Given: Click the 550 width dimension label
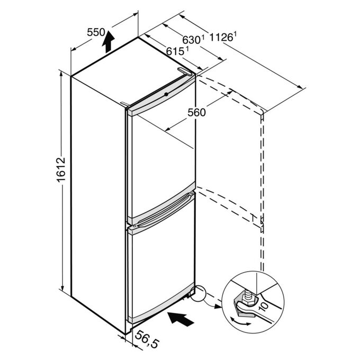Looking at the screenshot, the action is point(96,32).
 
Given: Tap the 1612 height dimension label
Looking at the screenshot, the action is point(61,170).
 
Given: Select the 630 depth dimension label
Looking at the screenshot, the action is point(191,40).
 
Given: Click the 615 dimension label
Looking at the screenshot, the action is point(175,51).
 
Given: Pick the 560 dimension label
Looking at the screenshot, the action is point(196,112).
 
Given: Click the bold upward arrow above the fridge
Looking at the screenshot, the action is point(108,41).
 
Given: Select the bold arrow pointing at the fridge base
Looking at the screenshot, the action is point(181,319).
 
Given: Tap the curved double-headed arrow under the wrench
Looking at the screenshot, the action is point(240,322).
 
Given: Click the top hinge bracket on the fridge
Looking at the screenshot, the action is point(184,71).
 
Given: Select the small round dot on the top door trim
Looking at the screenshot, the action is point(166,94).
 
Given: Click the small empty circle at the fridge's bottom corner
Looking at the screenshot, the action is point(197,293).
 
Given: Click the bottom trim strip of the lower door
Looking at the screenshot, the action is point(161,303).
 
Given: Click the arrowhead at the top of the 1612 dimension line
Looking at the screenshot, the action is point(61,74).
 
